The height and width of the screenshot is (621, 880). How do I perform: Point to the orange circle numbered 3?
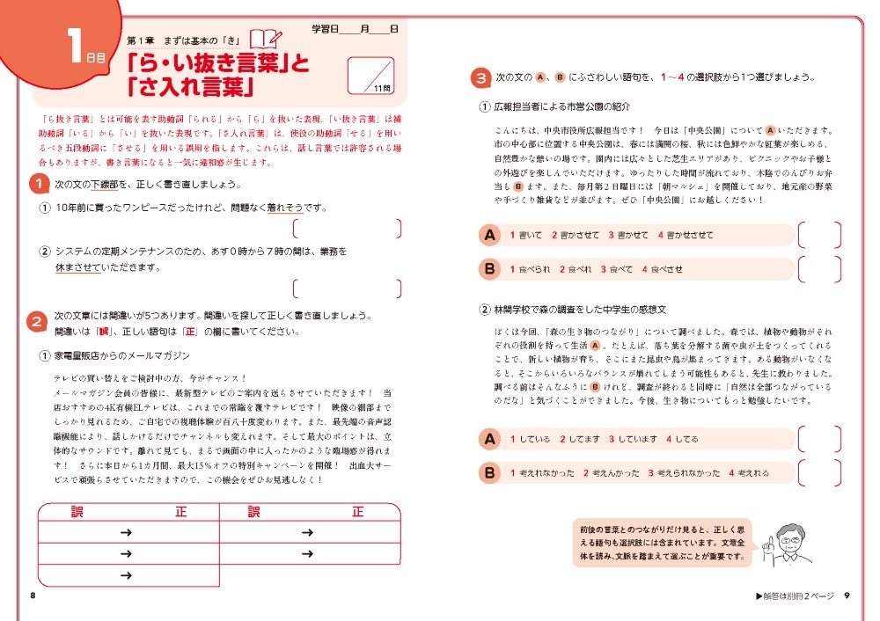click(x=480, y=78)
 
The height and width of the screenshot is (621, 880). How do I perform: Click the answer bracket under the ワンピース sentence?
click(x=347, y=230)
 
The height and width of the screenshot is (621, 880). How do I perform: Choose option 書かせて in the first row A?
click(x=632, y=235)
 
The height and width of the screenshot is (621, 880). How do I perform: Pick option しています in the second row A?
click(x=634, y=438)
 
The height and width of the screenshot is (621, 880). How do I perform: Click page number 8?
click(x=33, y=596)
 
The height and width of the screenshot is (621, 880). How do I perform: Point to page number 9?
click(x=846, y=596)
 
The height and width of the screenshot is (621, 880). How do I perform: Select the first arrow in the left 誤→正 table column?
click(x=125, y=532)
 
